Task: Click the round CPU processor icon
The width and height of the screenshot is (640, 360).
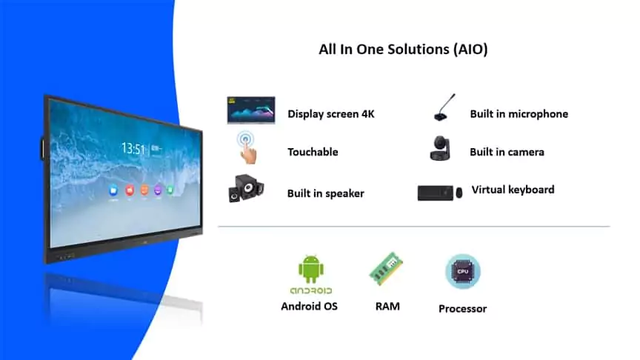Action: click(462, 271)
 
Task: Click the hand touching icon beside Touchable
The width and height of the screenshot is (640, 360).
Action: click(247, 147)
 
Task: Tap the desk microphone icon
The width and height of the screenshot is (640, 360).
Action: click(442, 110)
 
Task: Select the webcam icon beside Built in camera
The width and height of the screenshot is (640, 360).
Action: click(442, 147)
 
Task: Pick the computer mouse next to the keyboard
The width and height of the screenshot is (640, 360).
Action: click(459, 193)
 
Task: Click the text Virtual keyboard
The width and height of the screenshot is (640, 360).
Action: click(513, 190)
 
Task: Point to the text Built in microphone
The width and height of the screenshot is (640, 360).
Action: click(519, 114)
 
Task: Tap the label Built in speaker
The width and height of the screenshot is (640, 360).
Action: click(325, 193)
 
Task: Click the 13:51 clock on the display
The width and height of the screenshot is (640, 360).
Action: click(133, 149)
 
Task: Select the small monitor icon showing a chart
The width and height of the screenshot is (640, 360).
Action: click(250, 110)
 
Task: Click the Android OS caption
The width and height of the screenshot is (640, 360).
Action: click(309, 305)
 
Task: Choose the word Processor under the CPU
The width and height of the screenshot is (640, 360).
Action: click(462, 308)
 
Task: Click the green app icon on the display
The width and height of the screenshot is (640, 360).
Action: click(170, 188)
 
